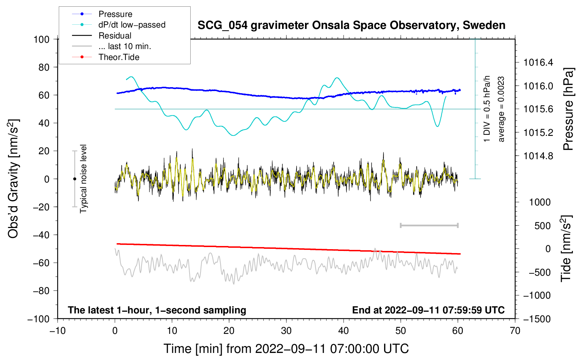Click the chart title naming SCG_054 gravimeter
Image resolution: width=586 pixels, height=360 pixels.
click(x=351, y=25)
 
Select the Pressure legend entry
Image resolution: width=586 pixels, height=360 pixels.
click(x=115, y=14)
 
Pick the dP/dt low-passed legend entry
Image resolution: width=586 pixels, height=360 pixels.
click(x=132, y=25)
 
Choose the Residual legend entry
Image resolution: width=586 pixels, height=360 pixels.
click(x=115, y=36)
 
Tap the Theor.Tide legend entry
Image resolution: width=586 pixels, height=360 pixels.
click(x=119, y=57)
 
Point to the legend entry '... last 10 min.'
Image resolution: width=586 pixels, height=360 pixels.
click(x=125, y=46)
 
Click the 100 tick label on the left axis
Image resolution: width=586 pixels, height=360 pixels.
click(x=41, y=39)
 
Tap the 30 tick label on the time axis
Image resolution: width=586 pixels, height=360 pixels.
click(x=286, y=331)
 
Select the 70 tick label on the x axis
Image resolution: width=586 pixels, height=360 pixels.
click(x=515, y=331)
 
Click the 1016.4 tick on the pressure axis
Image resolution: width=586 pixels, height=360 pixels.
click(x=538, y=63)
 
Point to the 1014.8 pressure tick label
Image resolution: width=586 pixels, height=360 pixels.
click(x=538, y=156)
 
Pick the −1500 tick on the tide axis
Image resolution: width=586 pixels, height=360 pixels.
click(x=537, y=319)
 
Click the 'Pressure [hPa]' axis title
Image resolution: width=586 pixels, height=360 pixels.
click(x=568, y=109)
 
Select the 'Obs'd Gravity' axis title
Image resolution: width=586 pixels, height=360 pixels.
click(x=13, y=179)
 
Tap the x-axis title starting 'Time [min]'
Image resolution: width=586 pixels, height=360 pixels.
click(x=286, y=349)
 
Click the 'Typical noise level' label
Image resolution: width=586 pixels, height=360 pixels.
click(x=83, y=179)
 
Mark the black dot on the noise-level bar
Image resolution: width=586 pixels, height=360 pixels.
click(x=74, y=179)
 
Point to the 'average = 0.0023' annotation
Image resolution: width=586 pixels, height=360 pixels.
click(x=501, y=109)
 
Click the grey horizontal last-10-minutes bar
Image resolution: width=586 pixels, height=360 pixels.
click(x=429, y=226)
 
